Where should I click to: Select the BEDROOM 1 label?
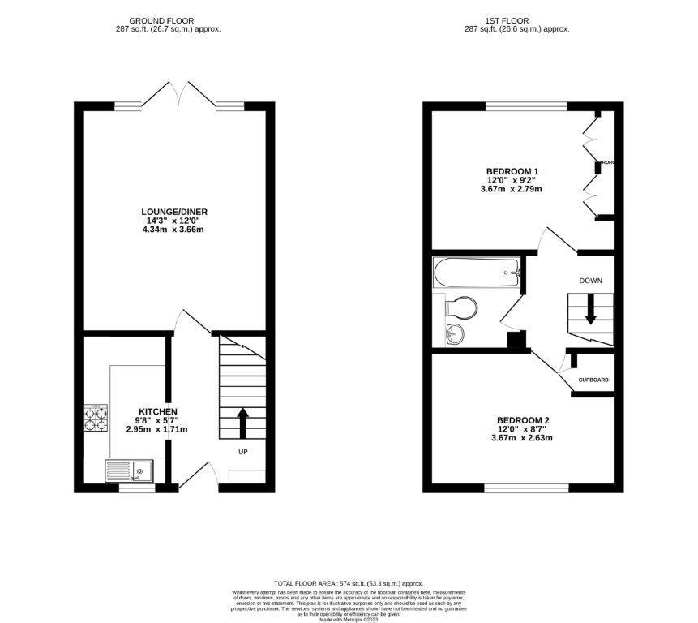[x=512, y=171]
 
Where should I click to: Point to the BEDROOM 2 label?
[x=523, y=420]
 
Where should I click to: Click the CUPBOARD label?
[x=593, y=380]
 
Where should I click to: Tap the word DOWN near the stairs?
[x=590, y=281]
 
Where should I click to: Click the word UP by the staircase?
[x=242, y=451]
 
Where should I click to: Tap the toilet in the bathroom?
[x=462, y=307]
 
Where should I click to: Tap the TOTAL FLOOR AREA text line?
[x=349, y=583]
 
